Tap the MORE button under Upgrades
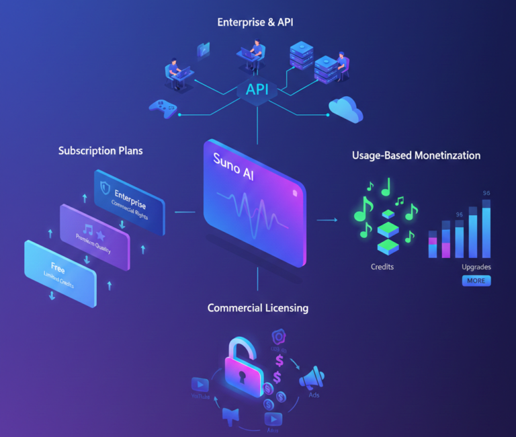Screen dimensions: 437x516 pos(476,280)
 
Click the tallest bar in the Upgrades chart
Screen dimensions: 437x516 pos(486,229)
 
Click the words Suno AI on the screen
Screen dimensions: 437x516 pos(236,163)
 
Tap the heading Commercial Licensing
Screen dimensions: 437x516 pos(258,308)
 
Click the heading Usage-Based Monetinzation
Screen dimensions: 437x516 pos(416,155)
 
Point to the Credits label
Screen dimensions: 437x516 pos(382,267)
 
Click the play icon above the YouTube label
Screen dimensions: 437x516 pos(200,384)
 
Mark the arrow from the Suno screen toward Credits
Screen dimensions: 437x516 pos(327,219)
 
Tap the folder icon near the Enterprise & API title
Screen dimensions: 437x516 pos(203,49)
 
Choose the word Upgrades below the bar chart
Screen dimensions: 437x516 pos(476,267)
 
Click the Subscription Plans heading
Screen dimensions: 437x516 pos(101,150)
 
